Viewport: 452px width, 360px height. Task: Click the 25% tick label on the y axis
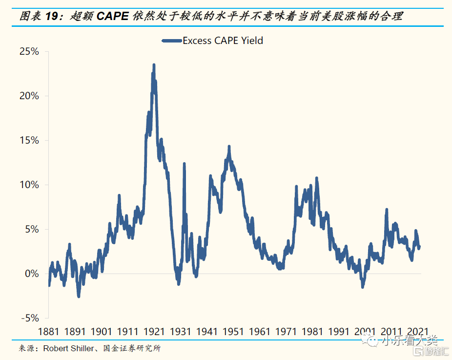click(x=29, y=51)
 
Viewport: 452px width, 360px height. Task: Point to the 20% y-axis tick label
click(x=29, y=96)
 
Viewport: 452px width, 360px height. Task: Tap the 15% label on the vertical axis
click(x=29, y=140)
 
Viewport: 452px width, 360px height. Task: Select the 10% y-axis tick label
click(x=29, y=185)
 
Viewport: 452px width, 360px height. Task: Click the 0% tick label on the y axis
click(x=32, y=274)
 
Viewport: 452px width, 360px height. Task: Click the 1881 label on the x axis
click(x=49, y=332)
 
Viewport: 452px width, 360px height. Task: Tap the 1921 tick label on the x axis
click(x=154, y=332)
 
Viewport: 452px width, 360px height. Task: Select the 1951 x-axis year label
click(x=233, y=332)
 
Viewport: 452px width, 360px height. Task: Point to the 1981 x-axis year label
click(x=312, y=332)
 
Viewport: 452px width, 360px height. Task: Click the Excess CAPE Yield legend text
click(x=223, y=41)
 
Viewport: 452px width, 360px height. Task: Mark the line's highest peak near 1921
click(x=154, y=64)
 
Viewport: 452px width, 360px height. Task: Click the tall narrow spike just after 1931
click(x=184, y=164)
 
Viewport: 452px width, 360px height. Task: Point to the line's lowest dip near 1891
click(x=79, y=296)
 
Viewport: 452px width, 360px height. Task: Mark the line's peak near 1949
click(x=228, y=147)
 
